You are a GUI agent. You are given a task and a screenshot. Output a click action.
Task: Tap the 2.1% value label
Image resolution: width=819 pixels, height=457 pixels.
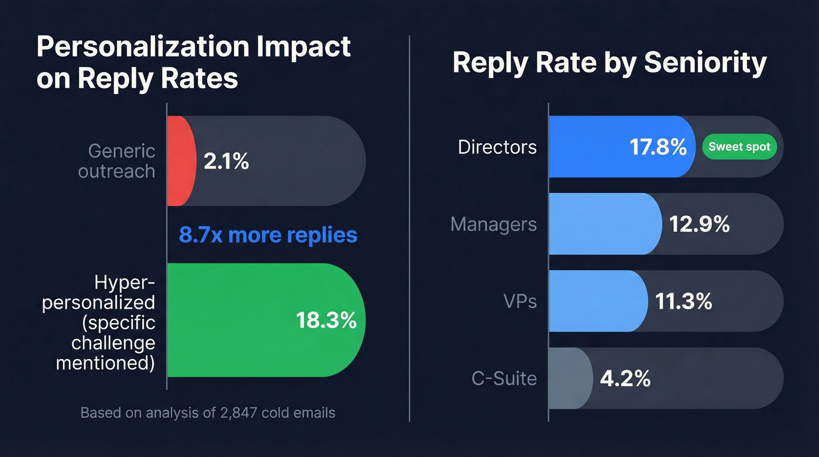[226, 161]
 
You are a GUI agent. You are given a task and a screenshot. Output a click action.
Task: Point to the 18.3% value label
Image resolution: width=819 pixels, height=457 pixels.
[326, 320]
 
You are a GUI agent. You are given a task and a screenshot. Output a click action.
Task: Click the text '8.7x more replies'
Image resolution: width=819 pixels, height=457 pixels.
[268, 235]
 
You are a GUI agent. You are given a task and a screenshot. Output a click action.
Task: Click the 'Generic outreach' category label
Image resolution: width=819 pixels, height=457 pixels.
[122, 161]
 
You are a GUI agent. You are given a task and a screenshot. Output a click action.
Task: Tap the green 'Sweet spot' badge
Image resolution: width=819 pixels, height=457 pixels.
[739, 147]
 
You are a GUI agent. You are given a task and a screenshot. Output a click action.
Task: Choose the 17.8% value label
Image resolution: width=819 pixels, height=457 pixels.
[658, 147]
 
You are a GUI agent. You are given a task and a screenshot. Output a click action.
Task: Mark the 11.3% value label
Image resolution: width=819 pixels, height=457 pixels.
[683, 301]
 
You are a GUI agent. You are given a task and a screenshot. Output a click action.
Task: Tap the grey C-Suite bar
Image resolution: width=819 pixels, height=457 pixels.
[570, 379]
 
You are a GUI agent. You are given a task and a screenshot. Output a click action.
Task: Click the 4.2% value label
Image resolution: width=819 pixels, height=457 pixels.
[625, 379]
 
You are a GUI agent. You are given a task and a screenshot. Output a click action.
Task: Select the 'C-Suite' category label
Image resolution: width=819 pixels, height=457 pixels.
[504, 379]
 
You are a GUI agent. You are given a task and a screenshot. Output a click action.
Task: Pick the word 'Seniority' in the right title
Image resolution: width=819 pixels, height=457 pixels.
[705, 63]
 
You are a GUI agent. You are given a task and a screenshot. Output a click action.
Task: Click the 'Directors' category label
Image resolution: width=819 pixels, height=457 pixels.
[497, 147]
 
